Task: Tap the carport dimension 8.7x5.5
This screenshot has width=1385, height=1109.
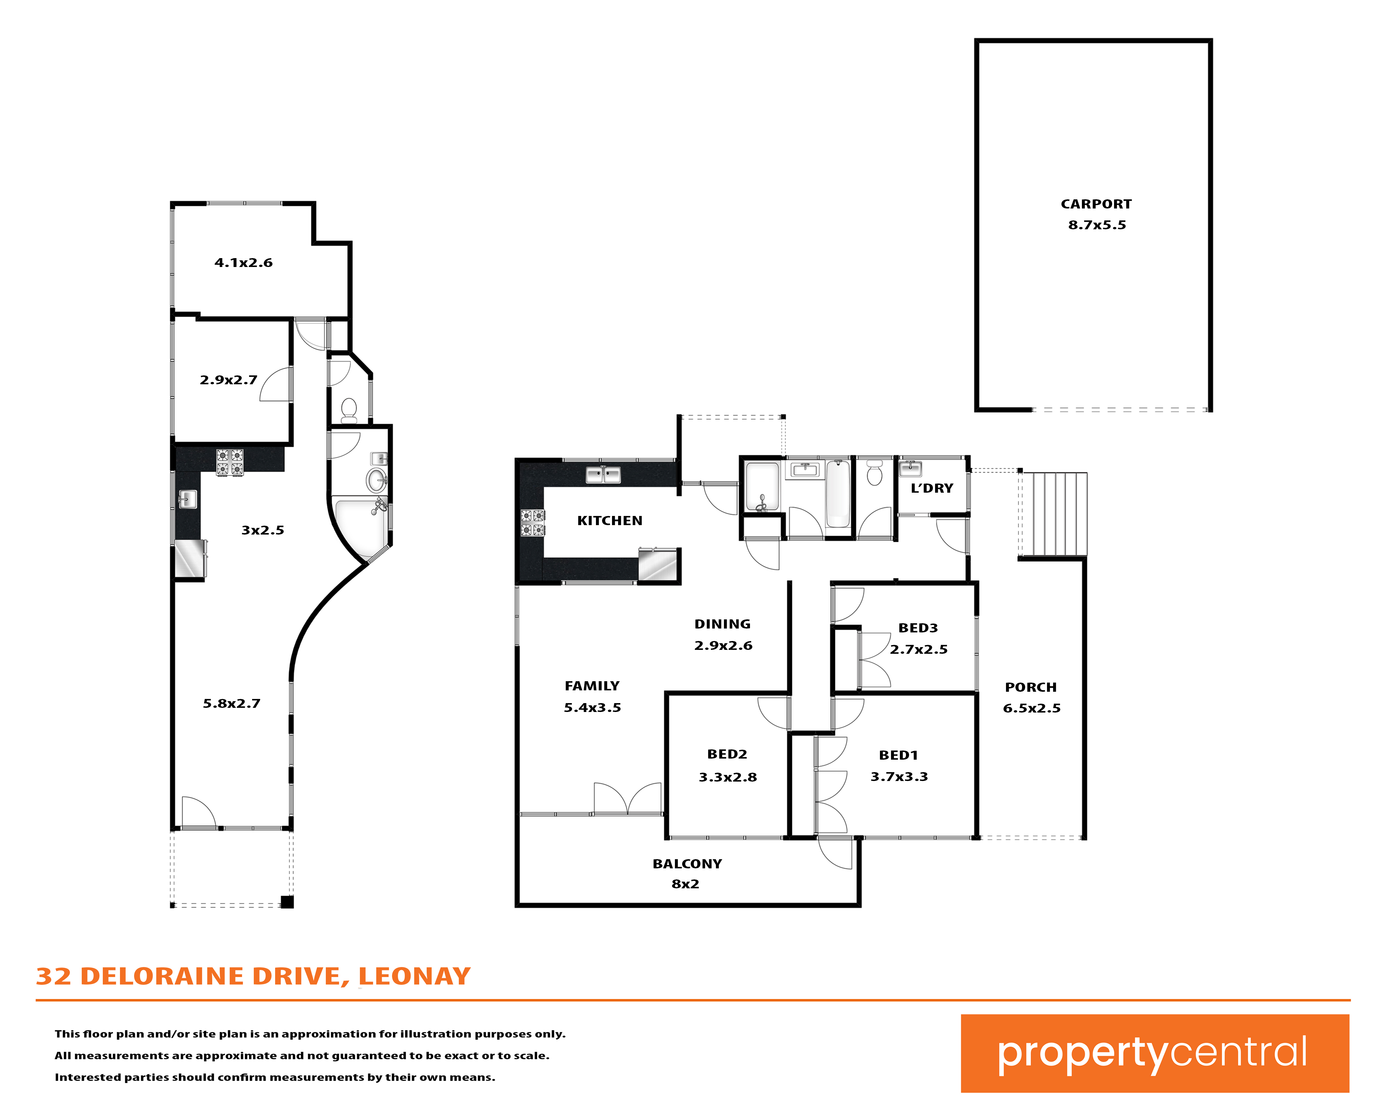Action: (x=1097, y=225)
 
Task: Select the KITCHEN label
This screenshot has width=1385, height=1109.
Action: (x=610, y=521)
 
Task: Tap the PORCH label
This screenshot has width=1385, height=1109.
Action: (x=1030, y=687)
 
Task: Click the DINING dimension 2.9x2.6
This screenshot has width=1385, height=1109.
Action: (x=723, y=645)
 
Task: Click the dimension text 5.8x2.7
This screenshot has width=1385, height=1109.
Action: (x=232, y=703)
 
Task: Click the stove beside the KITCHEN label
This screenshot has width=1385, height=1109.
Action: (x=533, y=523)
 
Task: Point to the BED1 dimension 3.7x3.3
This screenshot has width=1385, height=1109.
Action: (x=899, y=777)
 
